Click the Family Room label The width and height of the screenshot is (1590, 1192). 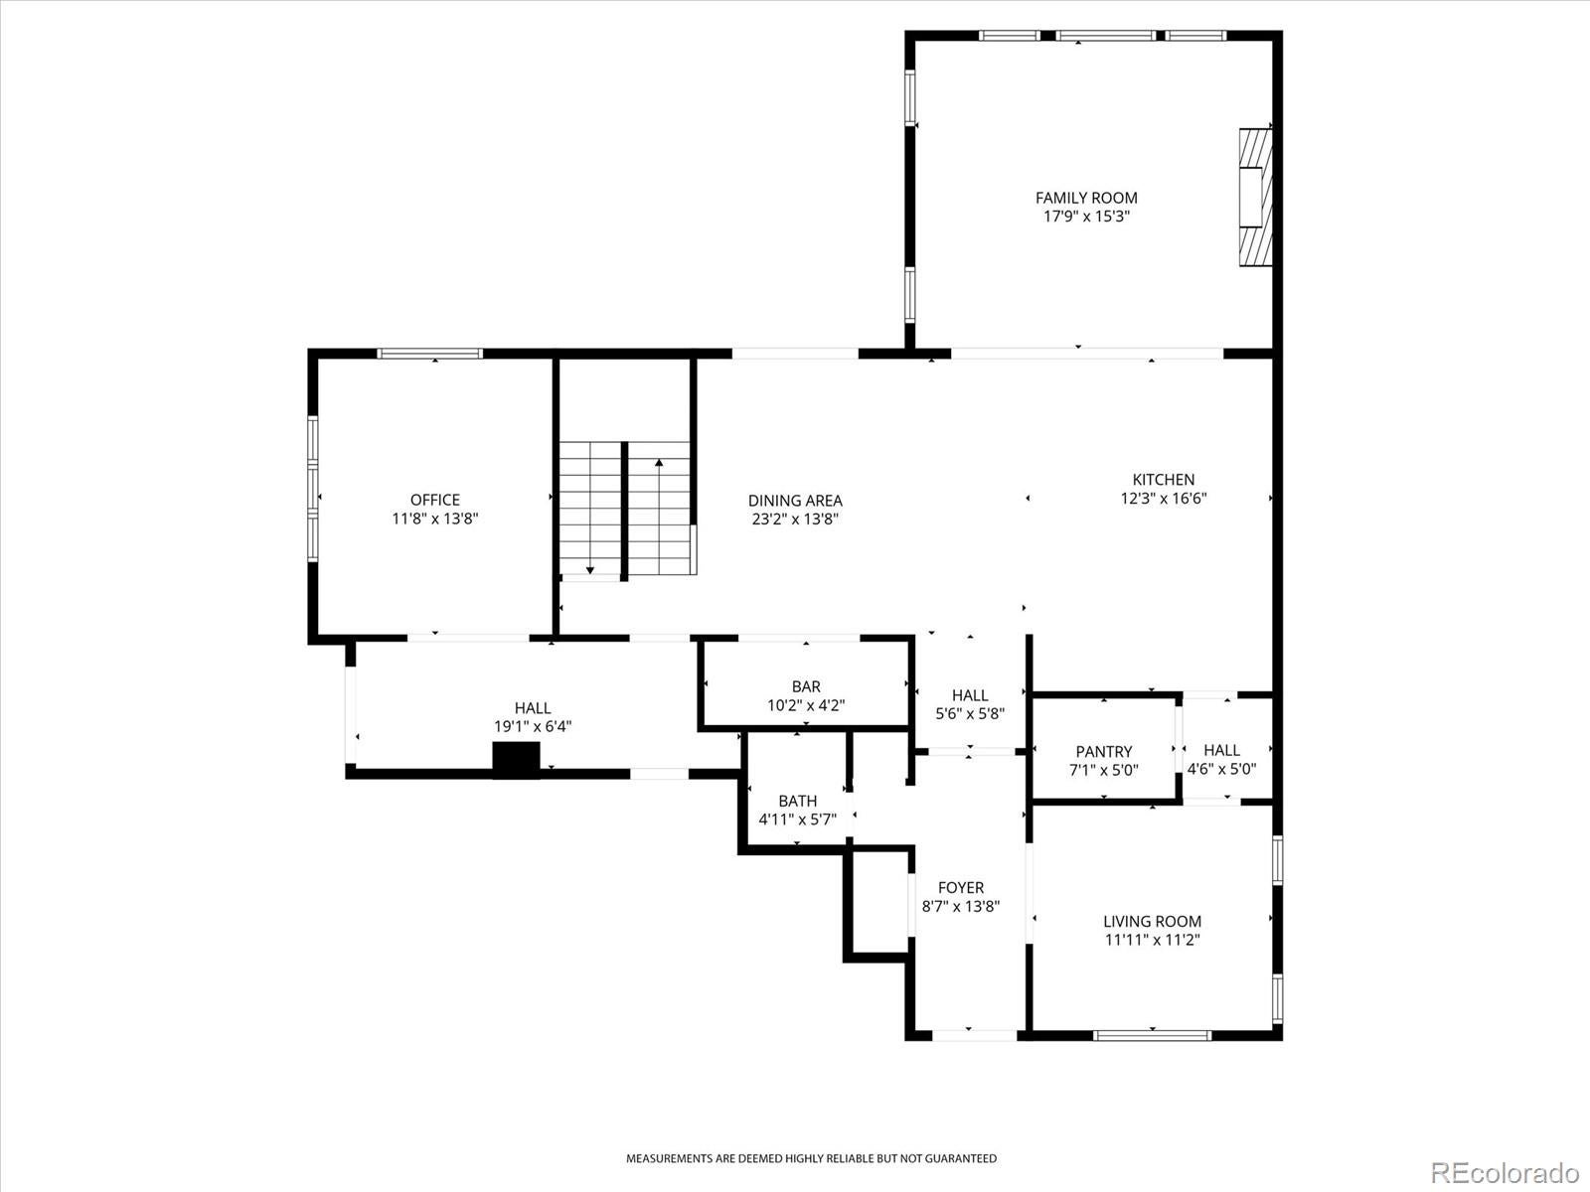pyautogui.click(x=1086, y=198)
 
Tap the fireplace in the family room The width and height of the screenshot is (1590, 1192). pyautogui.click(x=1255, y=197)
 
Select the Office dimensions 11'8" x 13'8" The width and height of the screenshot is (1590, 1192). pyautogui.click(x=435, y=519)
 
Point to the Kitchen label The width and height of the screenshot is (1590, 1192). pyautogui.click(x=1164, y=479)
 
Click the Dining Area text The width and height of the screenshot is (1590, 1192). pyautogui.click(x=795, y=500)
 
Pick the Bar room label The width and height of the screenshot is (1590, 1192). pyautogui.click(x=806, y=686)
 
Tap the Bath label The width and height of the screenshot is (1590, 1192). pyautogui.click(x=798, y=802)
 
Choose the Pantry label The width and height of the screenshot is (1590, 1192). pyautogui.click(x=1104, y=751)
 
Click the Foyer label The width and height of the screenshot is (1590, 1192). pyautogui.click(x=961, y=887)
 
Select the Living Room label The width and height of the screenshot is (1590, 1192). pyautogui.click(x=1153, y=922)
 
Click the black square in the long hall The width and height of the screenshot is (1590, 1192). pyautogui.click(x=517, y=760)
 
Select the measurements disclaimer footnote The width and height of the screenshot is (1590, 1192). pyautogui.click(x=811, y=1158)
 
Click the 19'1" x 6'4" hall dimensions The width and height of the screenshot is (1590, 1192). pyautogui.click(x=533, y=726)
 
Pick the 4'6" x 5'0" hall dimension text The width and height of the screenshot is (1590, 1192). pyautogui.click(x=1221, y=769)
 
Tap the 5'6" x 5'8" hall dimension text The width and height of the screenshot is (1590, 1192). pyautogui.click(x=970, y=713)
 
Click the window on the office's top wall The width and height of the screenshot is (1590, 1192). pyautogui.click(x=429, y=354)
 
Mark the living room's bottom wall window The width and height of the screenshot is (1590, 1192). pyautogui.click(x=1152, y=1036)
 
